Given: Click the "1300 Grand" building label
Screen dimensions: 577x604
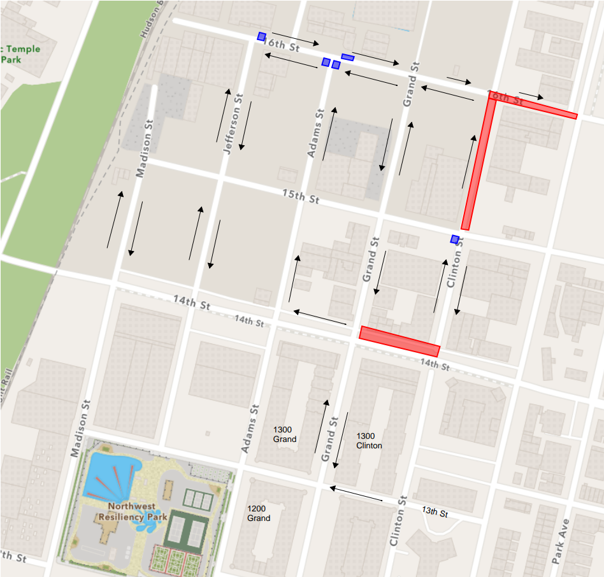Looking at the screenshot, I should (x=284, y=434).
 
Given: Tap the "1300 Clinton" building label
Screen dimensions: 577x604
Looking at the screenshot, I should (x=369, y=440).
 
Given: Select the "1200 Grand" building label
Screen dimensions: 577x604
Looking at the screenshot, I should (x=259, y=513).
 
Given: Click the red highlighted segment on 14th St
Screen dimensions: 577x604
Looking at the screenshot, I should (x=399, y=341).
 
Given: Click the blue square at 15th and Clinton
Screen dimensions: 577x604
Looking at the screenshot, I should (x=455, y=239).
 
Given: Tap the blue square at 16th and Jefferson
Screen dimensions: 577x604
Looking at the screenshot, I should (x=261, y=36).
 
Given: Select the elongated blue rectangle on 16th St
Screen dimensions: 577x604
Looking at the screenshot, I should (x=348, y=57).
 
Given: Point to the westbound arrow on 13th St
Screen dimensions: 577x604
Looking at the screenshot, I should (x=356, y=494).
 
